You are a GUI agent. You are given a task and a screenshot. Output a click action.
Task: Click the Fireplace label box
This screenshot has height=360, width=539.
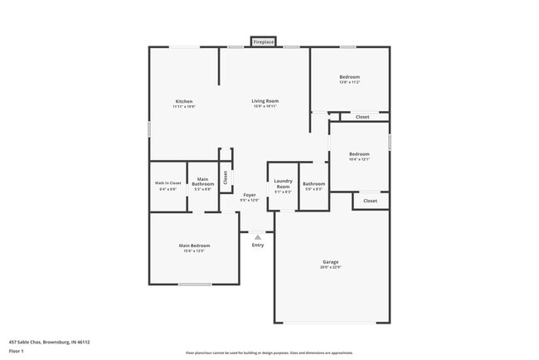pyautogui.click(x=263, y=41)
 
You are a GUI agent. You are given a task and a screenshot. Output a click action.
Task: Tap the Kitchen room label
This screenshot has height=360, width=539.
pyautogui.click(x=183, y=101)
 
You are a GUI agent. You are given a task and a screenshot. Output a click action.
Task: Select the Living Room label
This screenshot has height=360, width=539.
pyautogui.click(x=265, y=101)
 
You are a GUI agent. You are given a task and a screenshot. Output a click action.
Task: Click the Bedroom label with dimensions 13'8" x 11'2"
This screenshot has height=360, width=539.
pyautogui.click(x=349, y=77)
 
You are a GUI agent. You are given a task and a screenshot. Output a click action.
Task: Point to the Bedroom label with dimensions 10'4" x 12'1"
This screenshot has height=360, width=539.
pyautogui.click(x=359, y=153)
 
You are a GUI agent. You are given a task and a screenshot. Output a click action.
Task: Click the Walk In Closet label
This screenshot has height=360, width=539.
pyautogui.click(x=168, y=182)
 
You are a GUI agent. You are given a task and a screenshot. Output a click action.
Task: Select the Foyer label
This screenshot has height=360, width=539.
pyautogui.click(x=250, y=195)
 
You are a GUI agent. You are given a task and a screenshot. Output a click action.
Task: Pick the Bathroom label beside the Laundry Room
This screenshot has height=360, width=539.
pyautogui.click(x=313, y=183)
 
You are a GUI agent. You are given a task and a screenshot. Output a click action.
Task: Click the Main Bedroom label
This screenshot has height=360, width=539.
pyautogui.click(x=194, y=246)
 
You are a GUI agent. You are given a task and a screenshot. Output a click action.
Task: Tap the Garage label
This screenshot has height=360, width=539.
pyautogui.click(x=331, y=262)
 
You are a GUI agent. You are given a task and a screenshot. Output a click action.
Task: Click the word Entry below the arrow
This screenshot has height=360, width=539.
pyautogui.click(x=258, y=245)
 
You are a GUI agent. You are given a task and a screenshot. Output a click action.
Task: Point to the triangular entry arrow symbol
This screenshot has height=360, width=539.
pyautogui.click(x=258, y=236)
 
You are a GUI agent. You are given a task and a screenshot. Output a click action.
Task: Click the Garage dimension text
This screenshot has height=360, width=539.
pyautogui.click(x=331, y=267)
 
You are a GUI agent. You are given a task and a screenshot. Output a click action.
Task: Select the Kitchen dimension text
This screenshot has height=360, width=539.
pyautogui.click(x=183, y=106)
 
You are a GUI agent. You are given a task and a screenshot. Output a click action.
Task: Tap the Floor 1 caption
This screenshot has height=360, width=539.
pyautogui.click(x=17, y=351)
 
